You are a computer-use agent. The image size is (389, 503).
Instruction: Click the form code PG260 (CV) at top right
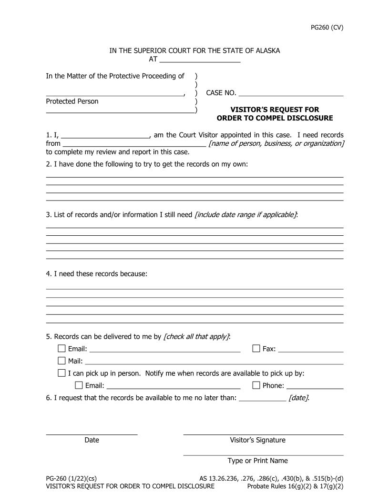(327, 27)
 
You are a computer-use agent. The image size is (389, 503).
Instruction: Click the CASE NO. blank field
(291, 93)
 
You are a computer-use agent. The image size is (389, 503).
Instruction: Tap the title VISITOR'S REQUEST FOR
(275, 110)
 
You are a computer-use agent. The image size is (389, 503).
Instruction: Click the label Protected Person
(72, 101)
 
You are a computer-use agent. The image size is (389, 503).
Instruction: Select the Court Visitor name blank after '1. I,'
(105, 135)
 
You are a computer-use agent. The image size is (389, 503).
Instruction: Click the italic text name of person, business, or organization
(276, 143)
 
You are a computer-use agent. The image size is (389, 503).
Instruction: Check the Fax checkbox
(256, 349)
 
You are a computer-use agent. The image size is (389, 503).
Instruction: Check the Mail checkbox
(61, 361)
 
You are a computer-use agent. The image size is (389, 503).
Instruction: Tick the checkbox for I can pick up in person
(61, 373)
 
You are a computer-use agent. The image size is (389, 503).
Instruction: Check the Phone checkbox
(256, 385)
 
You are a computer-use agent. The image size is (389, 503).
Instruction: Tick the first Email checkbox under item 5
(61, 349)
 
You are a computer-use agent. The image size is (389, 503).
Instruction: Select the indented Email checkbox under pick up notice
(79, 385)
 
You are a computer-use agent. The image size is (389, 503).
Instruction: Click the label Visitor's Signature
(257, 440)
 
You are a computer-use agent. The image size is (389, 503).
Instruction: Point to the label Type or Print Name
(257, 461)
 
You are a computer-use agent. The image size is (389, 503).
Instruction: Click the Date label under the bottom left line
(92, 440)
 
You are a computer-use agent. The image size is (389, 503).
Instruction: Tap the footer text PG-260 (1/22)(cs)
(72, 478)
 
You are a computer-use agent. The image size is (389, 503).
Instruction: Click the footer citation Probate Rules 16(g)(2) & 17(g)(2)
(295, 486)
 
